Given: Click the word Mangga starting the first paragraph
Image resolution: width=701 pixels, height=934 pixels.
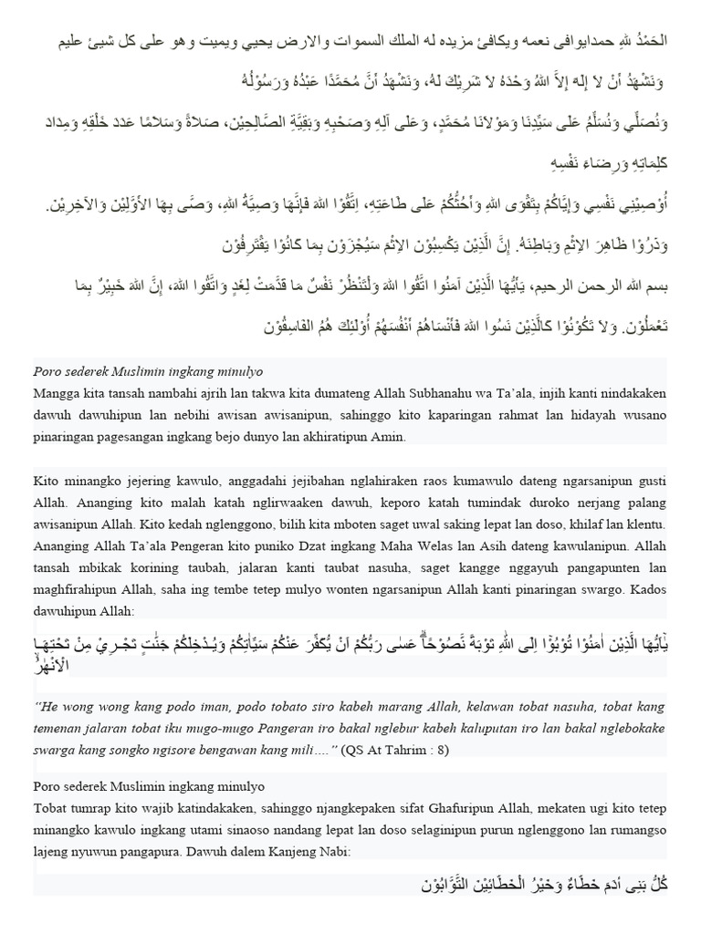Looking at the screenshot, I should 55,393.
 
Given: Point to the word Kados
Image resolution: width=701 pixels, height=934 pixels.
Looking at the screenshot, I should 647,590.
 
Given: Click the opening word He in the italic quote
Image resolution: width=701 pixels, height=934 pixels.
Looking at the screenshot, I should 47,705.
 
